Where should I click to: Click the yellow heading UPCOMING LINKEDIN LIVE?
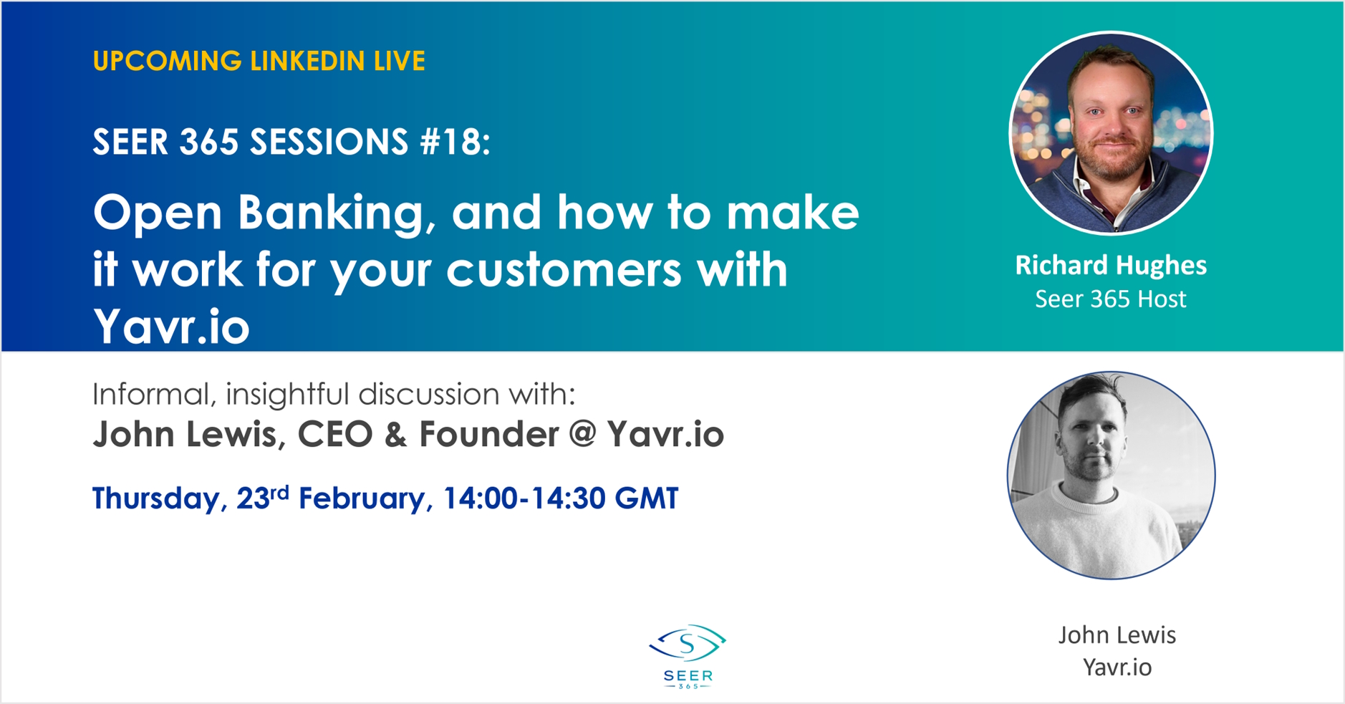pos(259,61)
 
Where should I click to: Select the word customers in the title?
pos(564,270)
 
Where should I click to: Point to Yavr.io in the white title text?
pos(171,327)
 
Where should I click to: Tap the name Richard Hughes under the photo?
pos(1111,265)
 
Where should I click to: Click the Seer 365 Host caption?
pos(1111,299)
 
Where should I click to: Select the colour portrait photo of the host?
pos(1111,132)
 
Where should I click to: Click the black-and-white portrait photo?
pos(1111,475)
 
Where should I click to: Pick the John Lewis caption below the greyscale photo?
pos(1117,635)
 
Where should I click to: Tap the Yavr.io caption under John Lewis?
pos(1117,667)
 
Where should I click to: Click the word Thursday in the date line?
pos(155,498)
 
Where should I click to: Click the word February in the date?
pos(361,498)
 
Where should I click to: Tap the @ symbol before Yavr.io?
pos(583,433)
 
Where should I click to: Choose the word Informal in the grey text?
pos(155,394)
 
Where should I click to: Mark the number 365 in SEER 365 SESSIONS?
pos(208,142)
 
